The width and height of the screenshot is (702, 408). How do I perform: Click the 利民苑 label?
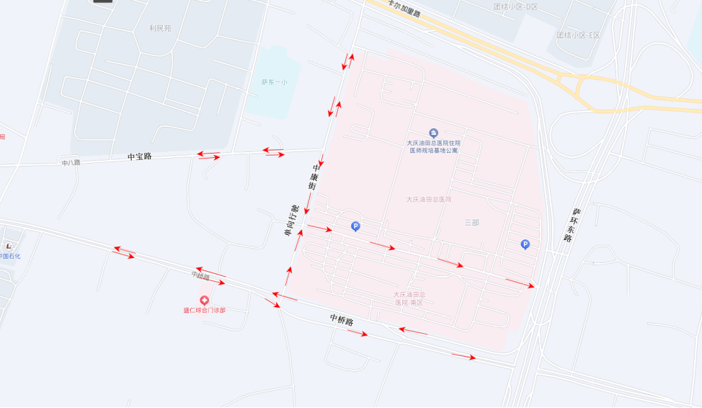tap(160, 28)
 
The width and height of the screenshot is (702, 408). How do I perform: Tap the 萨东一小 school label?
tap(274, 82)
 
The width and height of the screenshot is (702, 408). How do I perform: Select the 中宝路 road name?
tap(140, 156)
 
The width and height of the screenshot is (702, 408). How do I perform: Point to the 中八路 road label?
tap(71, 163)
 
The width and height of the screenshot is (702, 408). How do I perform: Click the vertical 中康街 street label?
tap(314, 177)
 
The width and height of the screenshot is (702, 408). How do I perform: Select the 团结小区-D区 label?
tap(515, 6)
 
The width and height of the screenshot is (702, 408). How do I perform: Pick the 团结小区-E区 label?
tap(578, 35)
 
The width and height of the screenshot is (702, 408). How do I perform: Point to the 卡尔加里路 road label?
tap(404, 9)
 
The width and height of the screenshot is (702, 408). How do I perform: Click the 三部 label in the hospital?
tap(471, 223)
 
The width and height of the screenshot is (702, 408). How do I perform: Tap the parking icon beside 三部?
tap(525, 244)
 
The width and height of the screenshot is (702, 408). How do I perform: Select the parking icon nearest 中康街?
tap(355, 226)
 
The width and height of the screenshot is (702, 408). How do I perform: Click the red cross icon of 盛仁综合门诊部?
tap(205, 300)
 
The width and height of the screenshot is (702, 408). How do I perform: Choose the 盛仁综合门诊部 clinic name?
tap(204, 311)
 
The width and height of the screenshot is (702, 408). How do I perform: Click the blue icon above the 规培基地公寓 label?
tap(433, 133)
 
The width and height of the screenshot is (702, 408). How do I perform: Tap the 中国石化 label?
tap(9, 257)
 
